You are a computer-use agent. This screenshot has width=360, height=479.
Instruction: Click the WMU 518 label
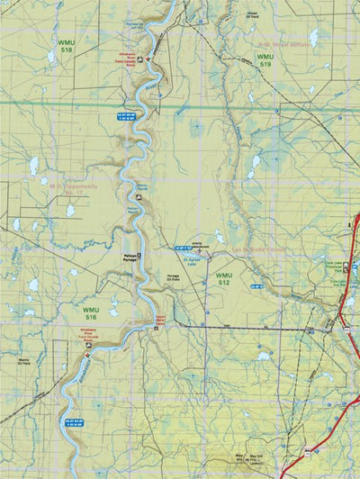(66, 48)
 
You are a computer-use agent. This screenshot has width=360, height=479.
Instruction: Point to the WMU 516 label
(91, 314)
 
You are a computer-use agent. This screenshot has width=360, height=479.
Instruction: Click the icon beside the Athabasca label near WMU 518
(150, 60)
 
